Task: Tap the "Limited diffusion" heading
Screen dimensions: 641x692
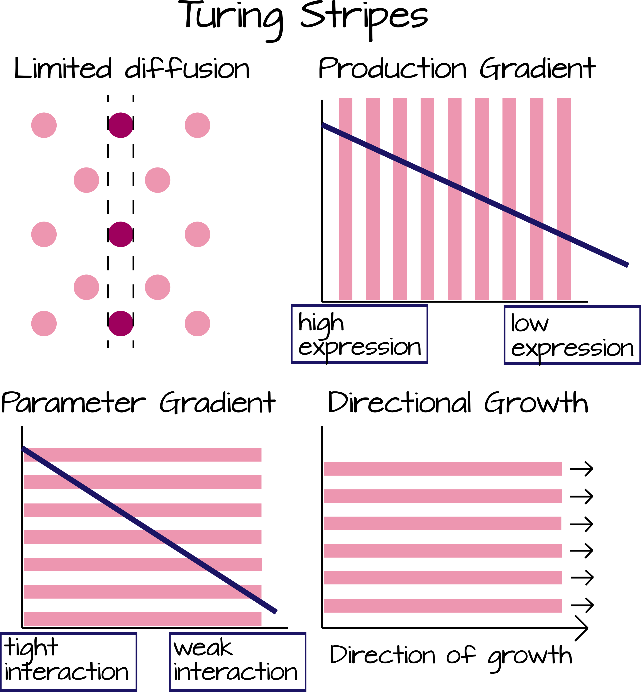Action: [132, 68]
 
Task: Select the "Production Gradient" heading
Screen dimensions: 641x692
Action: [457, 68]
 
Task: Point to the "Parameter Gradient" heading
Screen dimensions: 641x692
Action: [138, 403]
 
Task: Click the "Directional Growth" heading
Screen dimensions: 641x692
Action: [458, 403]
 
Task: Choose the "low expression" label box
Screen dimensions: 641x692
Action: [572, 335]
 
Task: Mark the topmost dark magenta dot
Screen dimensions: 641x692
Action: [121, 125]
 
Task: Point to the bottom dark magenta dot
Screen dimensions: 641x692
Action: [121, 324]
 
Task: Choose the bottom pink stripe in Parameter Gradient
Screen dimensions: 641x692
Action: [143, 619]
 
